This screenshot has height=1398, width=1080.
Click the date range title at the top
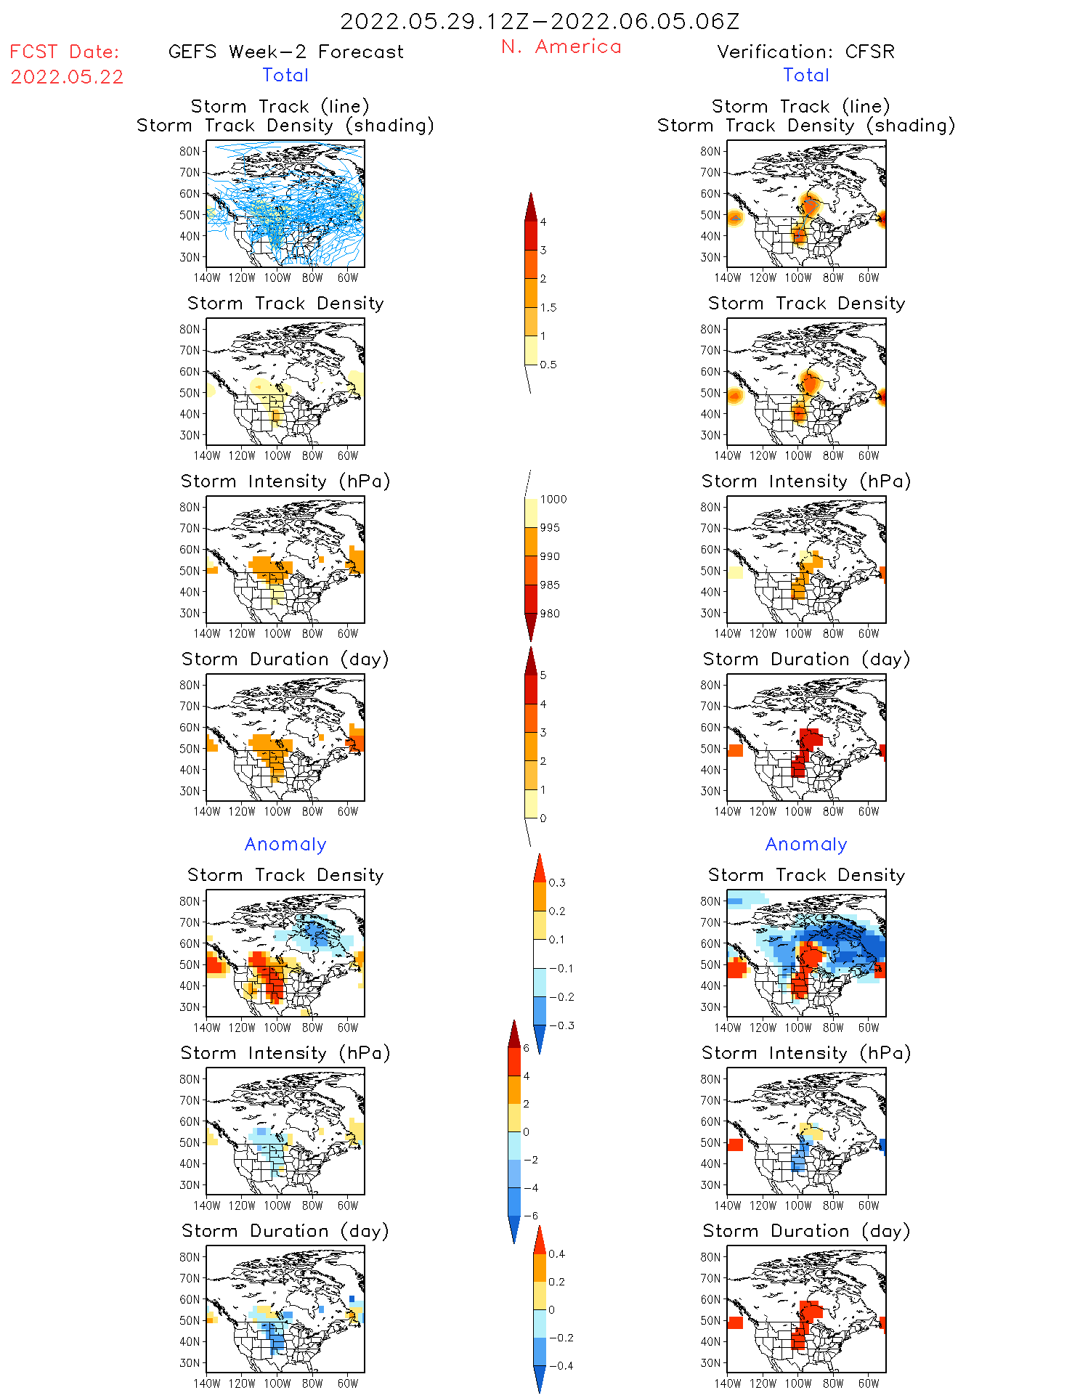(x=540, y=21)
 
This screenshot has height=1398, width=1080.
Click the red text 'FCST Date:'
(x=65, y=52)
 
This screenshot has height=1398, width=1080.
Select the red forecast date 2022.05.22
(x=67, y=77)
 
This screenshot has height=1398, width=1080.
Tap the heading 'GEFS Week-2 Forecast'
(x=285, y=52)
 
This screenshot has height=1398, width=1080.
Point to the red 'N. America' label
(x=561, y=46)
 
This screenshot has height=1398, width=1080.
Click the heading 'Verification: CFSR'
(x=805, y=52)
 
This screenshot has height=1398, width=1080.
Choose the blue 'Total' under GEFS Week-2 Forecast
(x=285, y=75)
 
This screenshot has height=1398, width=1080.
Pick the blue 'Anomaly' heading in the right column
(x=806, y=844)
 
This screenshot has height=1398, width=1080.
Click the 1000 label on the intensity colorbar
(x=553, y=499)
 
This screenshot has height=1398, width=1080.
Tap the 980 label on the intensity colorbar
(x=550, y=613)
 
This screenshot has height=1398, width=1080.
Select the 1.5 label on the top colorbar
(x=548, y=307)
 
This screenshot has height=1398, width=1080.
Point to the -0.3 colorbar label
(x=561, y=1025)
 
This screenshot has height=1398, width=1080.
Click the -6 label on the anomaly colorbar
(x=531, y=1216)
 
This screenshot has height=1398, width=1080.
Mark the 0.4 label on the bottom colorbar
(x=556, y=1253)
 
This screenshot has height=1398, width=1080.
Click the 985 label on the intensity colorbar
(x=550, y=585)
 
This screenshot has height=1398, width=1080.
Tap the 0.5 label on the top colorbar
(x=548, y=365)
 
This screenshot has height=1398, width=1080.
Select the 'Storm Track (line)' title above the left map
(x=280, y=106)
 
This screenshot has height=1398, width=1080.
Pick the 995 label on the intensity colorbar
(x=550, y=527)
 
